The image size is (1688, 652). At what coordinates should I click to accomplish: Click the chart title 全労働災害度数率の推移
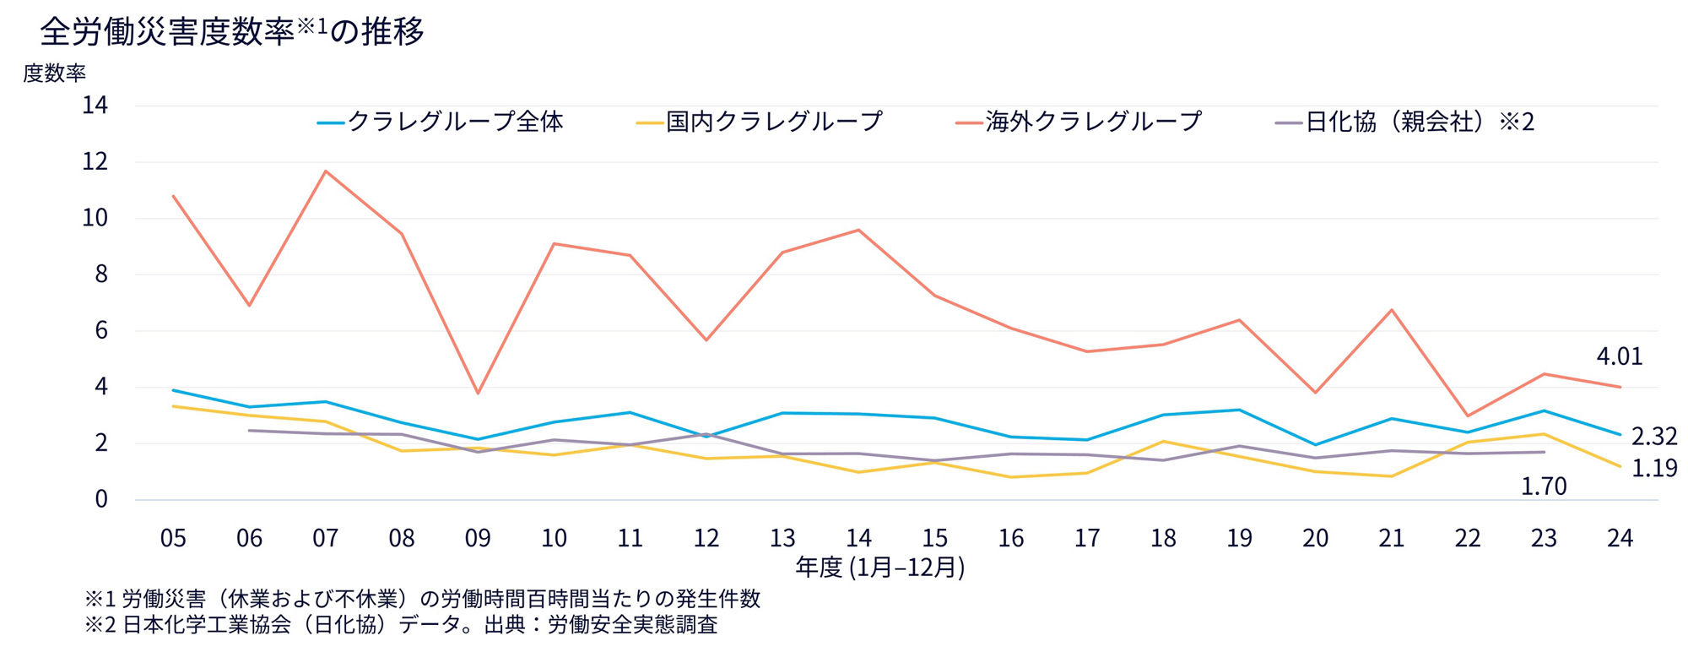point(232,31)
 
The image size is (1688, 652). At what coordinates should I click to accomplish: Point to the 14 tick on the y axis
point(95,106)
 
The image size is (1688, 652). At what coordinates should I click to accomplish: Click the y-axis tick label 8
point(101,274)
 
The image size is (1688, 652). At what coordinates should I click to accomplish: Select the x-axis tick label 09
point(478,539)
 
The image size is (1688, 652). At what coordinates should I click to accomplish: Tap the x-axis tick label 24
point(1620,539)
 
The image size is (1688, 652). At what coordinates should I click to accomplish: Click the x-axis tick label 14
point(858,539)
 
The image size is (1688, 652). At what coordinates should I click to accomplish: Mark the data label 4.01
point(1619,356)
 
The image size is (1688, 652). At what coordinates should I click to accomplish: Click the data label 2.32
point(1653,437)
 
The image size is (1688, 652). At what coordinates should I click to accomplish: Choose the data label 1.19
point(1653,469)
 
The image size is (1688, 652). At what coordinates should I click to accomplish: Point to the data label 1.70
point(1543,486)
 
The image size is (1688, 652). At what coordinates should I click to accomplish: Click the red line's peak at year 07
point(326,171)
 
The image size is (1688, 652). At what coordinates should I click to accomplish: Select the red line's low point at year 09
point(478,394)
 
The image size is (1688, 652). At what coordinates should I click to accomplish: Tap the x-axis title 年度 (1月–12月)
point(879,568)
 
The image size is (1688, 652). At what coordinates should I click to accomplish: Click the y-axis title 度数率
point(54,73)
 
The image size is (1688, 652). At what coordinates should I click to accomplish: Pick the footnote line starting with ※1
point(422,599)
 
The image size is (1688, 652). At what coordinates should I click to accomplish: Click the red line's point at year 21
point(1391,310)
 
